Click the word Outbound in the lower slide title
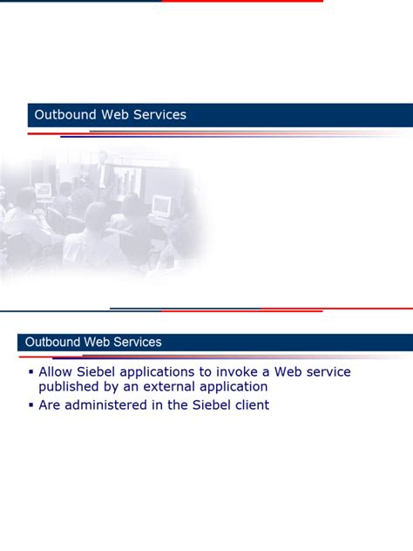[x=53, y=342]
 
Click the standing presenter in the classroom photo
[x=104, y=171]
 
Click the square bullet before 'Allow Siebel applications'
[x=30, y=372]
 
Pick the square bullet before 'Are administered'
[x=30, y=405]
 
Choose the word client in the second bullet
[x=250, y=405]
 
